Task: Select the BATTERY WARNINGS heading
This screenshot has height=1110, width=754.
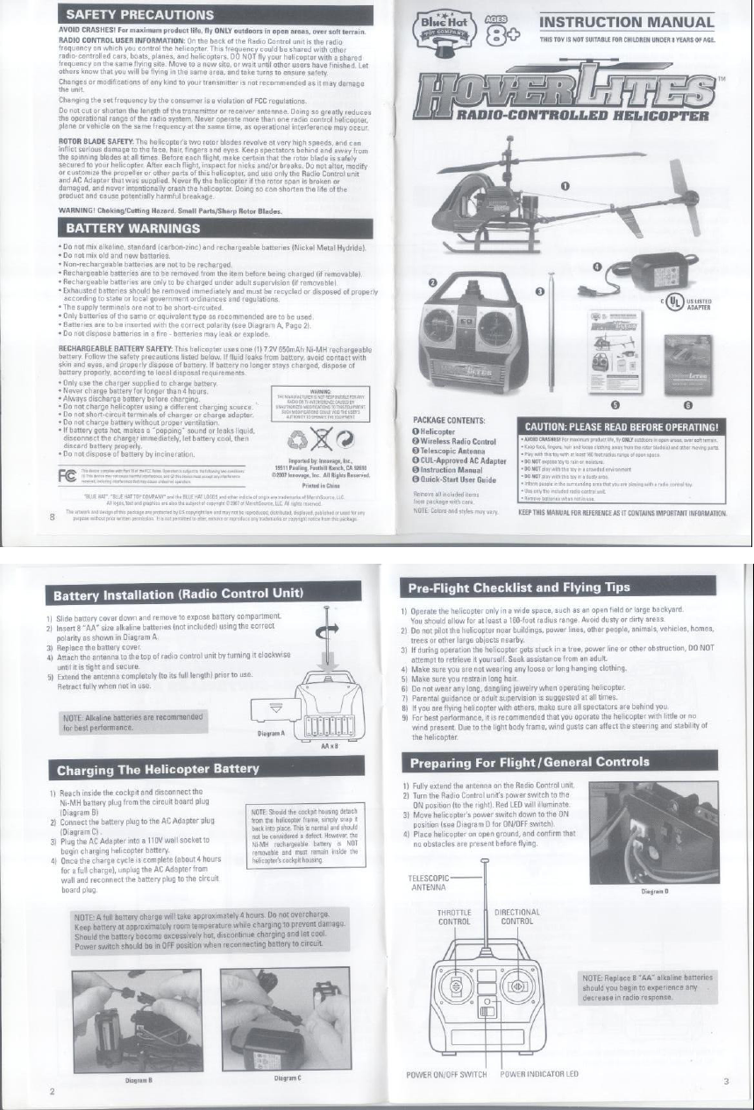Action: coord(129,228)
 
